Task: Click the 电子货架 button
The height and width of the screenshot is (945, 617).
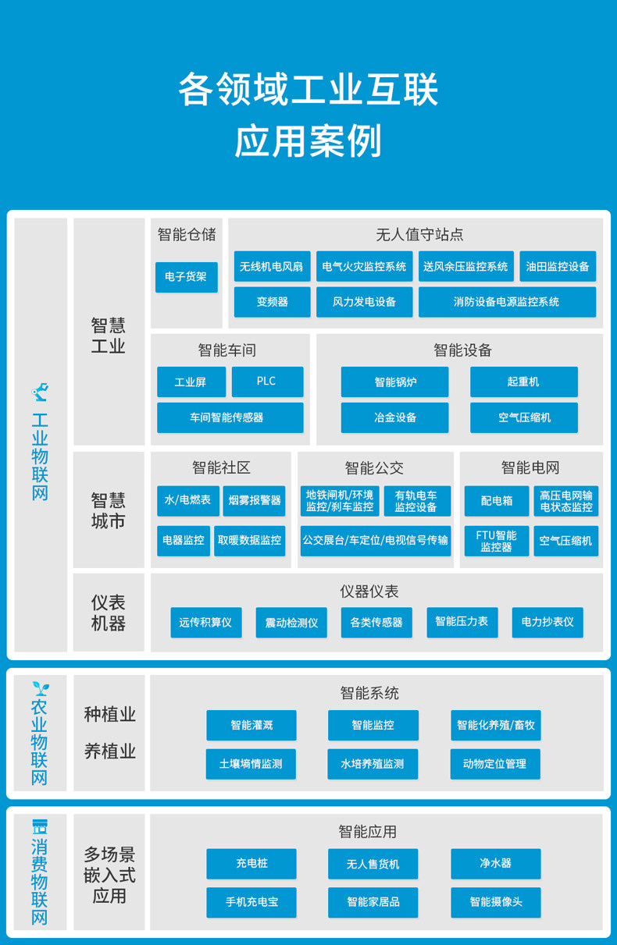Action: click(186, 277)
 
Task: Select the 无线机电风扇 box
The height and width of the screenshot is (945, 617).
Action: click(272, 266)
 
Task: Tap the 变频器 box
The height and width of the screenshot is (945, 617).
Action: click(272, 302)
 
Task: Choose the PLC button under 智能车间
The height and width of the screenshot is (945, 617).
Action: click(266, 382)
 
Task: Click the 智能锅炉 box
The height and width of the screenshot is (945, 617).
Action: click(394, 382)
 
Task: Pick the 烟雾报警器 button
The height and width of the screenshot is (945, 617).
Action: click(255, 500)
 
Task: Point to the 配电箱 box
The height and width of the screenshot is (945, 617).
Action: click(497, 500)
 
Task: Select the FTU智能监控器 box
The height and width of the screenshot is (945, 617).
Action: click(497, 541)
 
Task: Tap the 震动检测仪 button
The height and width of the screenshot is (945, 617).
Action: click(291, 623)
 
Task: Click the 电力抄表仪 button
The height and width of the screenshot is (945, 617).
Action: click(547, 622)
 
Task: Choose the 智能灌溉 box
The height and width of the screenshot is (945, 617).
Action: click(251, 725)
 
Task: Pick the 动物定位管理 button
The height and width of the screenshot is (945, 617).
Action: click(495, 764)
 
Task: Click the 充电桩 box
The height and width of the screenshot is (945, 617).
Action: click(251, 863)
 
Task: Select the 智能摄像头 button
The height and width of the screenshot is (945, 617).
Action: click(495, 902)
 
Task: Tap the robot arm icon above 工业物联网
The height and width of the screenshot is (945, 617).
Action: click(40, 391)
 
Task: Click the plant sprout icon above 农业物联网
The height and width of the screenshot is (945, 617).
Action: click(40, 688)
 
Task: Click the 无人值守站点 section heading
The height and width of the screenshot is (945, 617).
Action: click(419, 234)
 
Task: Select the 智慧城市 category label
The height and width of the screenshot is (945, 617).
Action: click(109, 510)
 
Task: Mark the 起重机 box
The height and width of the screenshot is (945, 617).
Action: click(523, 382)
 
